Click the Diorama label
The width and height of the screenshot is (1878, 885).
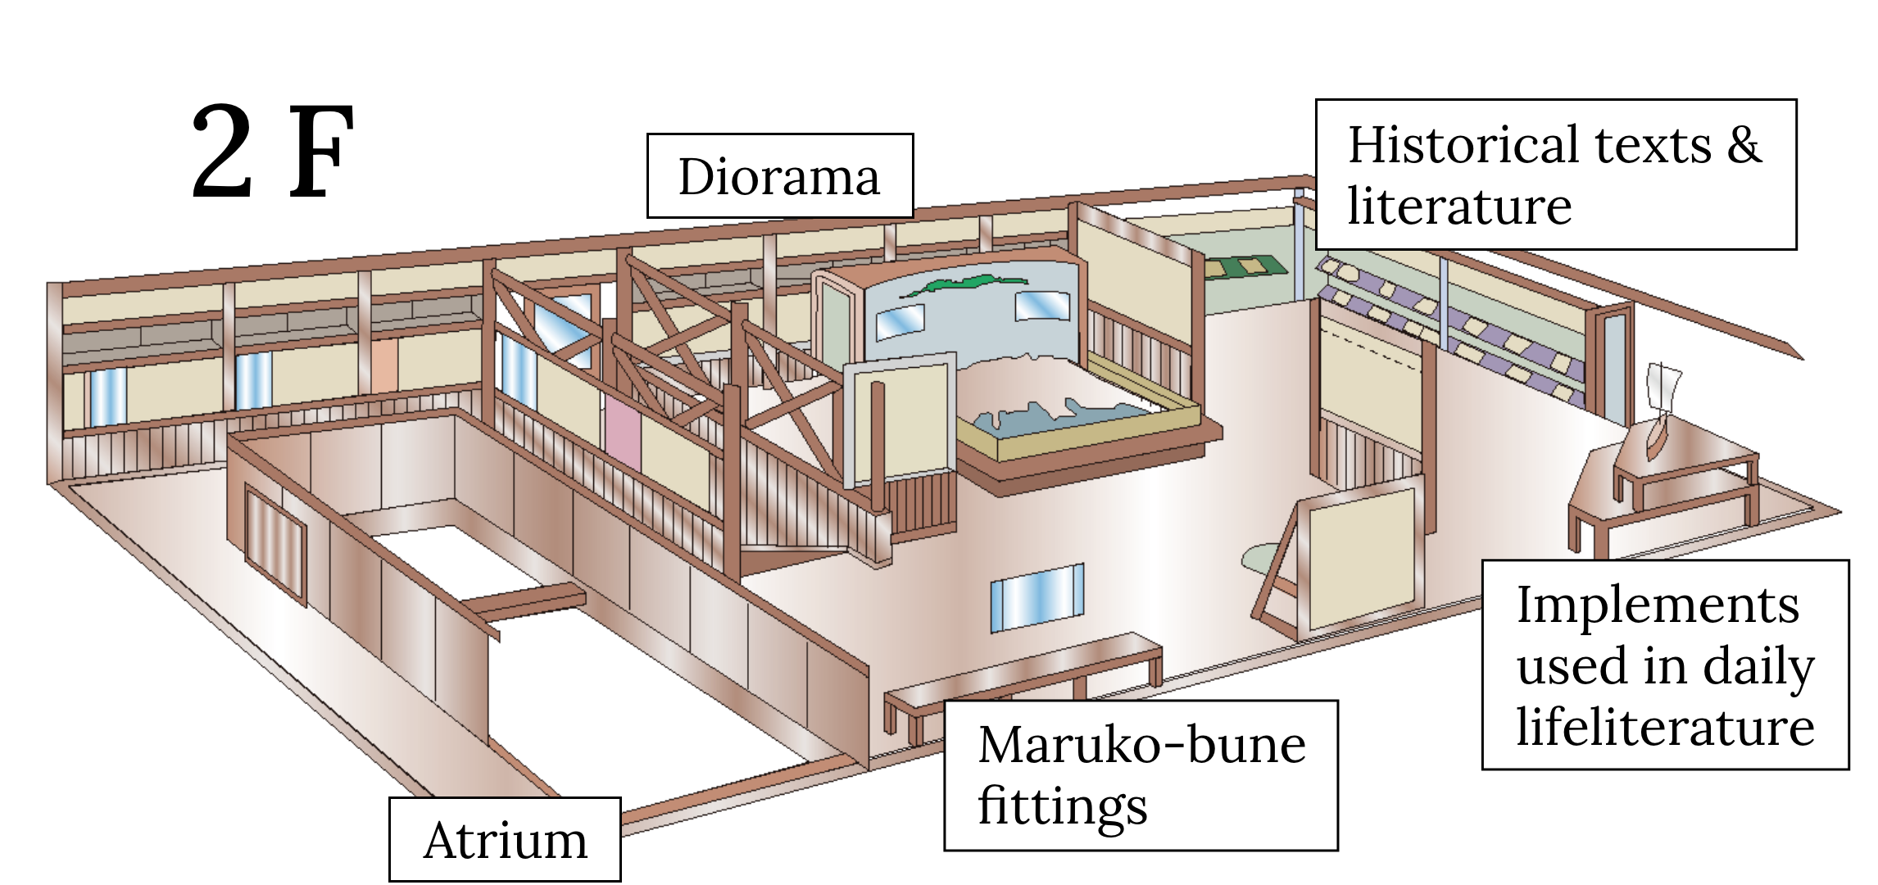tap(779, 176)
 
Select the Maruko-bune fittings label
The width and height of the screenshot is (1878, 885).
tap(1141, 775)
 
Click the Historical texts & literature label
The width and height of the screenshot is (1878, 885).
tap(1554, 175)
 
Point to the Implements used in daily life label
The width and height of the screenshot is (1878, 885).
tap(1664, 665)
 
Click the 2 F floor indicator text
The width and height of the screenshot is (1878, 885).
tap(272, 153)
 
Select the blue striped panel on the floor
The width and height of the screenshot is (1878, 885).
tap(1037, 597)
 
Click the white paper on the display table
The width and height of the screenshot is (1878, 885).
tap(1663, 389)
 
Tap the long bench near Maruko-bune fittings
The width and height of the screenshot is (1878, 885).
tap(1024, 679)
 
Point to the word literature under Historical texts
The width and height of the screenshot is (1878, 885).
tap(1459, 206)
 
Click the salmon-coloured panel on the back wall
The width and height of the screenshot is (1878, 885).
tap(383, 380)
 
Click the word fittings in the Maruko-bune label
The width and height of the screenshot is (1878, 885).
tap(1063, 806)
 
